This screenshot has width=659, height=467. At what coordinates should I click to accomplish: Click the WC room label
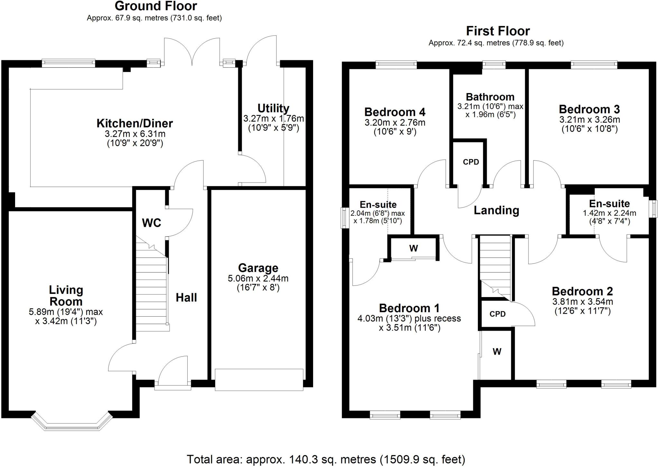click(x=151, y=223)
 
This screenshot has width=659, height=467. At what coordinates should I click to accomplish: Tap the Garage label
click(x=258, y=268)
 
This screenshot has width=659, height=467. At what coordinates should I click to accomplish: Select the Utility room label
click(x=273, y=108)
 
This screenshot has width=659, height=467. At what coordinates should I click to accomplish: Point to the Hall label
click(x=186, y=298)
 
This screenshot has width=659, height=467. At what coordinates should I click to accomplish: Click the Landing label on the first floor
click(x=496, y=210)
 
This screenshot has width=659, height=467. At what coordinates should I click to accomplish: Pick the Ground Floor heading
click(x=156, y=6)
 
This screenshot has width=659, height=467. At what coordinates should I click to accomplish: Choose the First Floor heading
click(x=498, y=31)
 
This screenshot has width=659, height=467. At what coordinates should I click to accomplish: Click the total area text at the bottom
click(x=326, y=459)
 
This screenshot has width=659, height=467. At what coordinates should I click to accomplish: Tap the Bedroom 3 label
click(x=589, y=109)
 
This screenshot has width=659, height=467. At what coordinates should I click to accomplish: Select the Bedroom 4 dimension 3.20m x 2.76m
click(x=395, y=123)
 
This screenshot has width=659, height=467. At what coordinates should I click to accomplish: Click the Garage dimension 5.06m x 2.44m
click(x=258, y=278)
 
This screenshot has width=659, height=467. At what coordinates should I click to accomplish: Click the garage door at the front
click(x=259, y=380)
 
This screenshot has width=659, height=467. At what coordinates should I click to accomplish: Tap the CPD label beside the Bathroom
click(x=471, y=162)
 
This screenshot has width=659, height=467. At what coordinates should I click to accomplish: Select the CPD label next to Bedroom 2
click(x=497, y=314)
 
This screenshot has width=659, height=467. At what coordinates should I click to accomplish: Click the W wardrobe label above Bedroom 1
click(x=413, y=248)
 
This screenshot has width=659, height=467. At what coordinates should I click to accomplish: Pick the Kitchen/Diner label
click(x=135, y=123)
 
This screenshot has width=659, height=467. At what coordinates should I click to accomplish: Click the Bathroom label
click(x=490, y=97)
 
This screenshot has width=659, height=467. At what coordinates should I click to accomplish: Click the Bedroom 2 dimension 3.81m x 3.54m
click(x=582, y=302)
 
